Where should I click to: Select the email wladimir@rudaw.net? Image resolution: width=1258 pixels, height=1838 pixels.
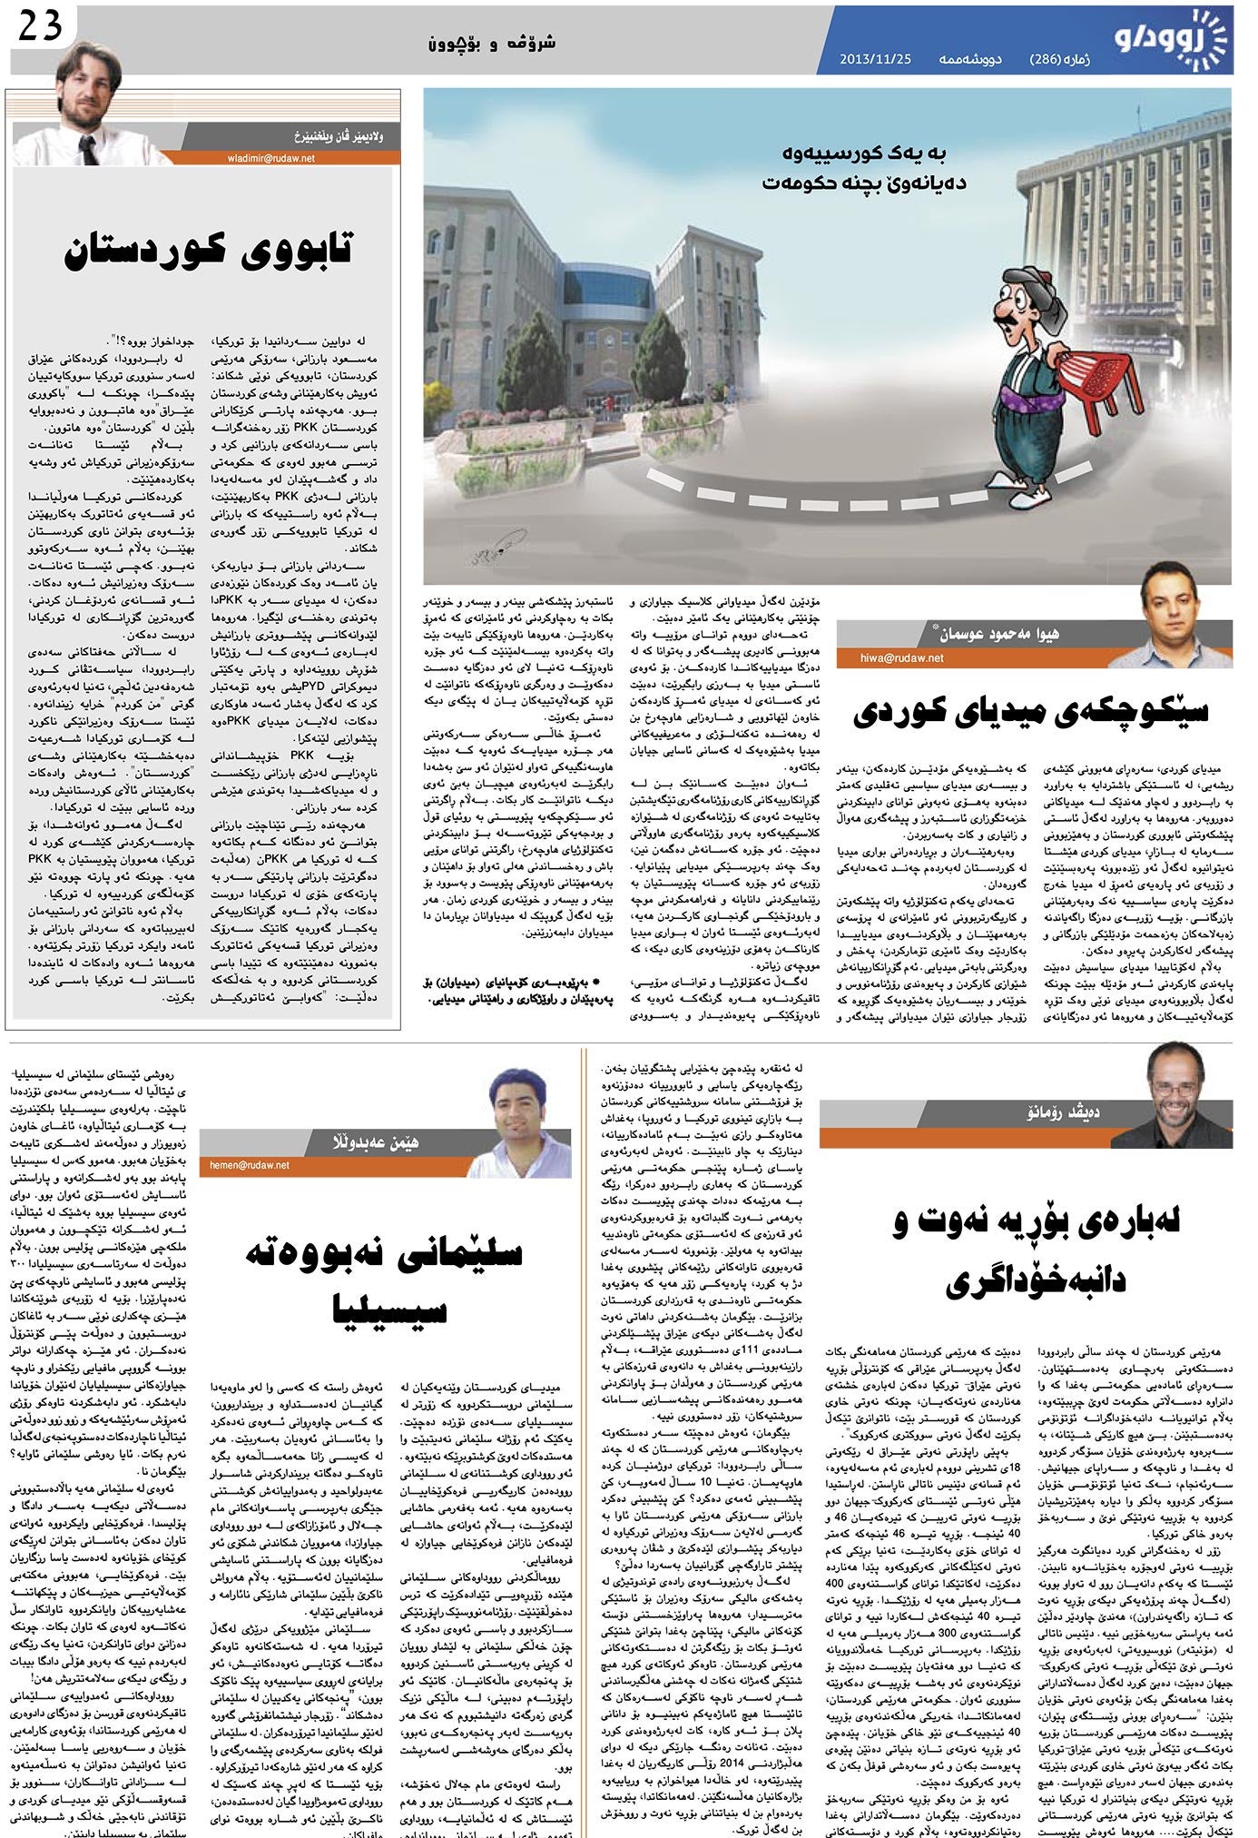click(271, 157)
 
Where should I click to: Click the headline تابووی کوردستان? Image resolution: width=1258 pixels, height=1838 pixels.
click(208, 251)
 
